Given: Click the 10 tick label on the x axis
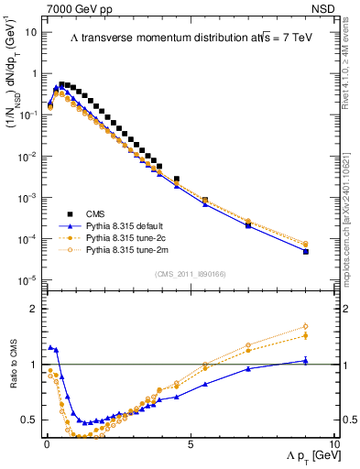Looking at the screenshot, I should (333, 443).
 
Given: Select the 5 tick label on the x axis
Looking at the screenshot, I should (190, 443).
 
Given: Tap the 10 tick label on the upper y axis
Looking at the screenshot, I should (32, 32).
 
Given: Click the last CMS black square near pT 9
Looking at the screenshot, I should (305, 251).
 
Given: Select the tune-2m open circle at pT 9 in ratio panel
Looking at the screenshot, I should (305, 326).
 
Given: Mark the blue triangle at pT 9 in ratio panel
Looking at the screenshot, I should (305, 361).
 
